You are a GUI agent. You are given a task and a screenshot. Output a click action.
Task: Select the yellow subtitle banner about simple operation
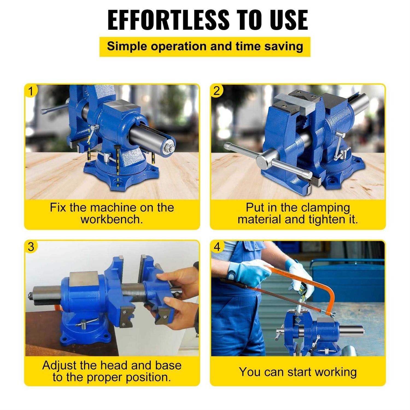click(205, 47)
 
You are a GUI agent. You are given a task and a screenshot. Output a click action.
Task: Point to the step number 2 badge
click(217, 91)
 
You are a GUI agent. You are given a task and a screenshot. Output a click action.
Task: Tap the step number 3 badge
click(31, 247)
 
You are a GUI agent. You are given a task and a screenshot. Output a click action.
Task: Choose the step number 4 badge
click(217, 247)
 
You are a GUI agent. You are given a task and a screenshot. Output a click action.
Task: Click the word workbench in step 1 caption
click(112, 219)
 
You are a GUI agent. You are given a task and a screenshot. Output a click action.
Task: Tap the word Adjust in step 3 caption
click(59, 365)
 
